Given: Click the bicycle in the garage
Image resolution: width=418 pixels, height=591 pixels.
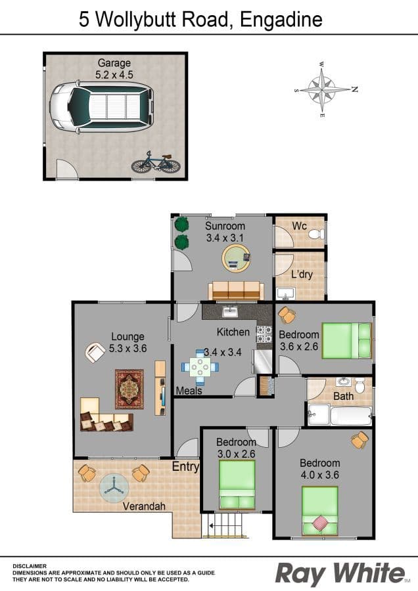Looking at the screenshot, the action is tap(156, 162).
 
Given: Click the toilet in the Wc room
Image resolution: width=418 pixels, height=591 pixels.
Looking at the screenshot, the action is tap(316, 234).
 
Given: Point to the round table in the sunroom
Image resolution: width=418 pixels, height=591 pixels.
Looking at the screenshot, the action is tap(236, 258).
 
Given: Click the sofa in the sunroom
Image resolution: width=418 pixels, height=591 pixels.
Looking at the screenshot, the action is tap(236, 291).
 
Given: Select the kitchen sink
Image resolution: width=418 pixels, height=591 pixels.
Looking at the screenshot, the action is tap(229, 311).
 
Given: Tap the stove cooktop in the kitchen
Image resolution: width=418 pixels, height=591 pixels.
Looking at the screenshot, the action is tap(264, 334).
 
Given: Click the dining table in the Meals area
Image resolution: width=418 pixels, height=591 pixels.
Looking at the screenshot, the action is tap(200, 366).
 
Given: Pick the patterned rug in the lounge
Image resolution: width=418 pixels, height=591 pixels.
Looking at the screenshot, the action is tap(129, 389).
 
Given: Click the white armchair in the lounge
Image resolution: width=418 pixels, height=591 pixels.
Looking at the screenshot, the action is tap(95, 353).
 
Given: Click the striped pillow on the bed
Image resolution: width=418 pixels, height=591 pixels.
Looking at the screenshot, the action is tap(320, 523).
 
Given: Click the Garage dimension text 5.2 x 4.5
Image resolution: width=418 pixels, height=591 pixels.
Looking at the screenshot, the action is tap(114, 75).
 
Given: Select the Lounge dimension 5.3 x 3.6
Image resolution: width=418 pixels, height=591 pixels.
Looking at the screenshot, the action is tap(128, 348).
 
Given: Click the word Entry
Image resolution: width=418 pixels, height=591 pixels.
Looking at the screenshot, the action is tap(185, 467).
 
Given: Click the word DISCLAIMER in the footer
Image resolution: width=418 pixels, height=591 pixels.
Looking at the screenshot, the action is tap(30, 566).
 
